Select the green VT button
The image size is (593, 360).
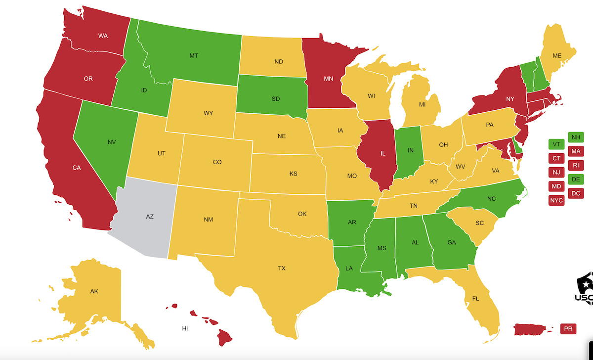[556, 144]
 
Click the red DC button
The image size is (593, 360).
[576, 193]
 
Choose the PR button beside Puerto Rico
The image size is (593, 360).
[568, 328]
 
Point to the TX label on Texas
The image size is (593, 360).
[282, 268]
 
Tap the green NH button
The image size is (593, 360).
[576, 137]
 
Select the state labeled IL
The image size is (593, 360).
[383, 154]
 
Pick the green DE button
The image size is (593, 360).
[576, 179]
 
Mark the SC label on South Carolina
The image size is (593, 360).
[479, 223]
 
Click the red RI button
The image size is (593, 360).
[576, 165]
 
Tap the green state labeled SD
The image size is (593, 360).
[276, 98]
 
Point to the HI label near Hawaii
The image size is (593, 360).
[185, 328]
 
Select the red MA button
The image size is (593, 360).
[576, 151]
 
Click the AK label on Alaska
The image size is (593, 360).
[94, 291]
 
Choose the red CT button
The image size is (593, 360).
[556, 158]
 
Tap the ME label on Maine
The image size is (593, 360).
[557, 55]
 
